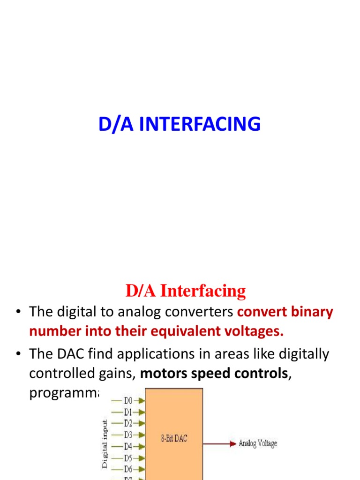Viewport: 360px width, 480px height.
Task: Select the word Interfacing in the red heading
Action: [203, 291]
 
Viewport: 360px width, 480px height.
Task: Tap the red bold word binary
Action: [309, 312]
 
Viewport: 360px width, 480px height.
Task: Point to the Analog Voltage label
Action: [258, 443]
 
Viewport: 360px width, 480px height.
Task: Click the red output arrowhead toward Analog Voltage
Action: [232, 443]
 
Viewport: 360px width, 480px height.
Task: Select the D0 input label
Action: [128, 401]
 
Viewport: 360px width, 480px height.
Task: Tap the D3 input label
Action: [128, 435]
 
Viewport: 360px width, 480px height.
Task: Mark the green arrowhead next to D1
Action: [141, 412]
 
